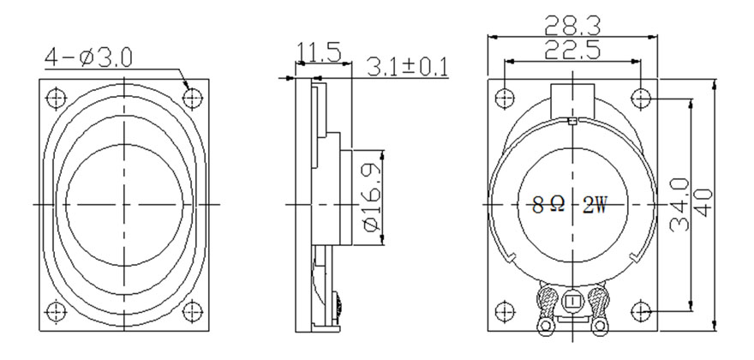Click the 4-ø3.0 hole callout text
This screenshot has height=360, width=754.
88,57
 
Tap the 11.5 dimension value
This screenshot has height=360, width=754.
319,51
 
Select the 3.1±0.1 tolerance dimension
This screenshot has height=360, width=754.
407,67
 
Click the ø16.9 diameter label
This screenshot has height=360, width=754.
374,198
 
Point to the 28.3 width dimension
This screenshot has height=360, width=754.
572,26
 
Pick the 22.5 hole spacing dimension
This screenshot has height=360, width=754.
572,50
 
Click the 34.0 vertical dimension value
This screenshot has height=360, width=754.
679,205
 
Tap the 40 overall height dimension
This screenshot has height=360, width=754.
703,203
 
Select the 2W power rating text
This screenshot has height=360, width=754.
595,206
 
